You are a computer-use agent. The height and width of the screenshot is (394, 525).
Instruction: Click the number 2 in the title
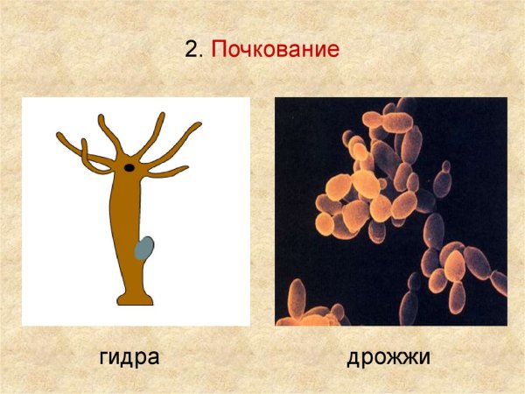click(x=192, y=50)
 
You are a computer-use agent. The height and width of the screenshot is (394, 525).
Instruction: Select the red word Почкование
click(x=275, y=50)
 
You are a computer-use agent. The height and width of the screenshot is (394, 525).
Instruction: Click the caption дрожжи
click(x=388, y=358)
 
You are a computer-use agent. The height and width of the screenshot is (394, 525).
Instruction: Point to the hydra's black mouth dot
click(x=129, y=166)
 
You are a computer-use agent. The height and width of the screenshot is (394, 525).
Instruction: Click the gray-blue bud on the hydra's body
click(x=145, y=249)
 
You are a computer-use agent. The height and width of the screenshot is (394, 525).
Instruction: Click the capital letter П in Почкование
click(x=220, y=50)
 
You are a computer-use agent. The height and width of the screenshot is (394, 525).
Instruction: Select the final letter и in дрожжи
click(x=424, y=358)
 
